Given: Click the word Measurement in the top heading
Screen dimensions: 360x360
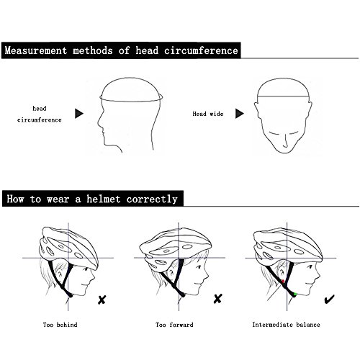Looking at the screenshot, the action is click(36, 50).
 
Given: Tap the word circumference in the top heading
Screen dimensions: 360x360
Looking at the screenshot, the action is click(201, 50).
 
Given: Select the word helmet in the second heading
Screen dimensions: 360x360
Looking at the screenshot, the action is click(103, 199).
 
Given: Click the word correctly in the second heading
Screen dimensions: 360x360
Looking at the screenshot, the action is click(152, 199).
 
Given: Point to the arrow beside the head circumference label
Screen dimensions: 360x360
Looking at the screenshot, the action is click(79, 114).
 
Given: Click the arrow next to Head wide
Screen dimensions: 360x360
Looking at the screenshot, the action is click(240, 114).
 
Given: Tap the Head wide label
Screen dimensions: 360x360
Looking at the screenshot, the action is click(208, 114).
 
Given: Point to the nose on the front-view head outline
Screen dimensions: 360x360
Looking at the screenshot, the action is click(285, 142).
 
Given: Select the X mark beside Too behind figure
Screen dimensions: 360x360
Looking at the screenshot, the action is click(102, 300).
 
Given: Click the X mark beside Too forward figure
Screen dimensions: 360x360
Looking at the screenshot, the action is click(217, 299).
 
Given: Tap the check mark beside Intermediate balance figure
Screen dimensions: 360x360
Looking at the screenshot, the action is click(329, 300).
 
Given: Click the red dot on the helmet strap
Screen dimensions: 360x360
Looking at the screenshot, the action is click(283, 281).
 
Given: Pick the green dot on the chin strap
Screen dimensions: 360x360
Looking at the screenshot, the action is click(295, 294).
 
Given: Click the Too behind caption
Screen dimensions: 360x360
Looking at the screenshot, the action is click(60, 325).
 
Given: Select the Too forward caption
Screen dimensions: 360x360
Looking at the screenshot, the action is click(174, 325).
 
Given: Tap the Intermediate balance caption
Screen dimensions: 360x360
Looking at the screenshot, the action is click(286, 325).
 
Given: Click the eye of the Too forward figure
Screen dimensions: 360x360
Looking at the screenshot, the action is click(198, 266).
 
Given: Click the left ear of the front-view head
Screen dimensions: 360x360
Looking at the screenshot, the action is click(257, 110).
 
